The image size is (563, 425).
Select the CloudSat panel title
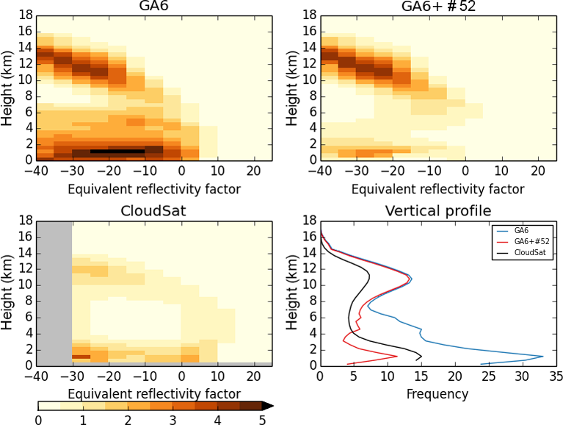pyautogui.click(x=154, y=212)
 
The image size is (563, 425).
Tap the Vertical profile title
pyautogui.click(x=437, y=212)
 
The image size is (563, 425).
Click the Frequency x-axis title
pyautogui.click(x=437, y=394)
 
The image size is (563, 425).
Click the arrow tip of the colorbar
pyautogui.click(x=270, y=405)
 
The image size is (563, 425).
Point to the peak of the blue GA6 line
pyautogui.click(x=543, y=357)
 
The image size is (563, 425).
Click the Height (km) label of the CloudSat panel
pyautogui.click(x=8, y=292)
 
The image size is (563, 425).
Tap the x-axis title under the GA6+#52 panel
pyautogui.click(x=437, y=189)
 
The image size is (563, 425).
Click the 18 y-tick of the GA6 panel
pyautogui.click(x=24, y=15)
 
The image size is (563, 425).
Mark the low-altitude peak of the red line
pyautogui.click(x=397, y=357)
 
